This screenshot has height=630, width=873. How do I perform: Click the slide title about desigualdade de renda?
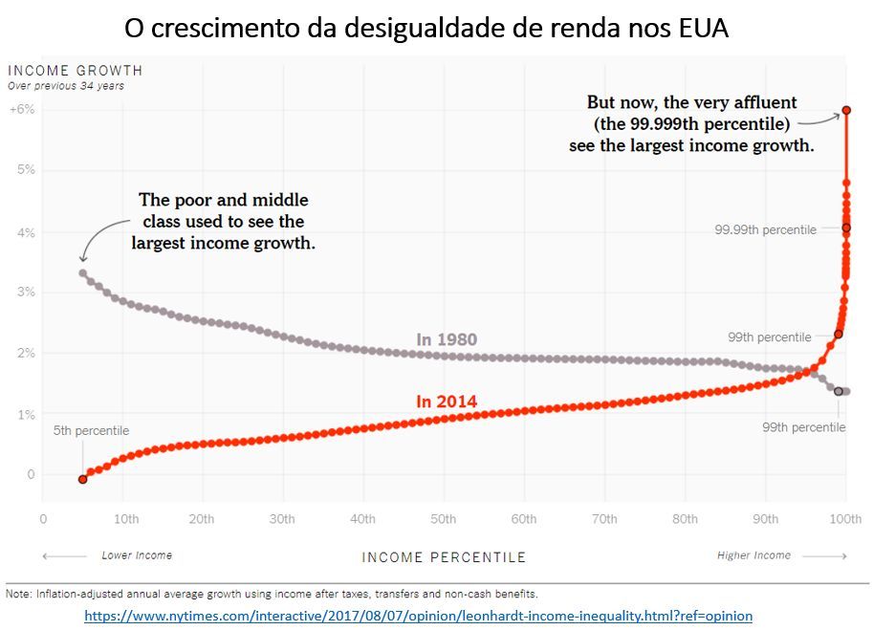(x=426, y=28)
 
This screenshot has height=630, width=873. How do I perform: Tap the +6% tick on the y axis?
(x=22, y=109)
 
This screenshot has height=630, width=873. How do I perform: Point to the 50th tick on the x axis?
(x=443, y=519)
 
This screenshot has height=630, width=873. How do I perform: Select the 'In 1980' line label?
(x=447, y=339)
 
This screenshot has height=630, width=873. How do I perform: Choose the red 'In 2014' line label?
(x=447, y=402)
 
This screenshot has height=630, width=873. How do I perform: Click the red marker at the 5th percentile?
(x=82, y=479)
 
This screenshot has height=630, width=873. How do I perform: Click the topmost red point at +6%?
(x=846, y=111)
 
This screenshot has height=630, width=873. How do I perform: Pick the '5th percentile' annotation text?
(x=92, y=431)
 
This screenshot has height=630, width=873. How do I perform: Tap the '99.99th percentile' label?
(x=766, y=230)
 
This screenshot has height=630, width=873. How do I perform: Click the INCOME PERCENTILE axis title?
(x=444, y=557)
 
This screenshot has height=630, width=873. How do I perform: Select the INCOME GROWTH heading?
(x=75, y=71)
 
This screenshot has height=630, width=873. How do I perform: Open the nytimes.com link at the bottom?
(x=418, y=616)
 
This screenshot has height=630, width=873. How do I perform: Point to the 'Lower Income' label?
(x=137, y=555)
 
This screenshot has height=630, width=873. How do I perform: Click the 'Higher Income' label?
(x=754, y=555)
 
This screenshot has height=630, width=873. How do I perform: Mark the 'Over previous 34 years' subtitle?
(x=66, y=86)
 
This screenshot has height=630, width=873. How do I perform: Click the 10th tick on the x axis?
(x=125, y=519)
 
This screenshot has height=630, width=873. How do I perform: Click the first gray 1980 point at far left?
(x=83, y=273)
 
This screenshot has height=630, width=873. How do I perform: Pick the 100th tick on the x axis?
(x=845, y=519)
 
